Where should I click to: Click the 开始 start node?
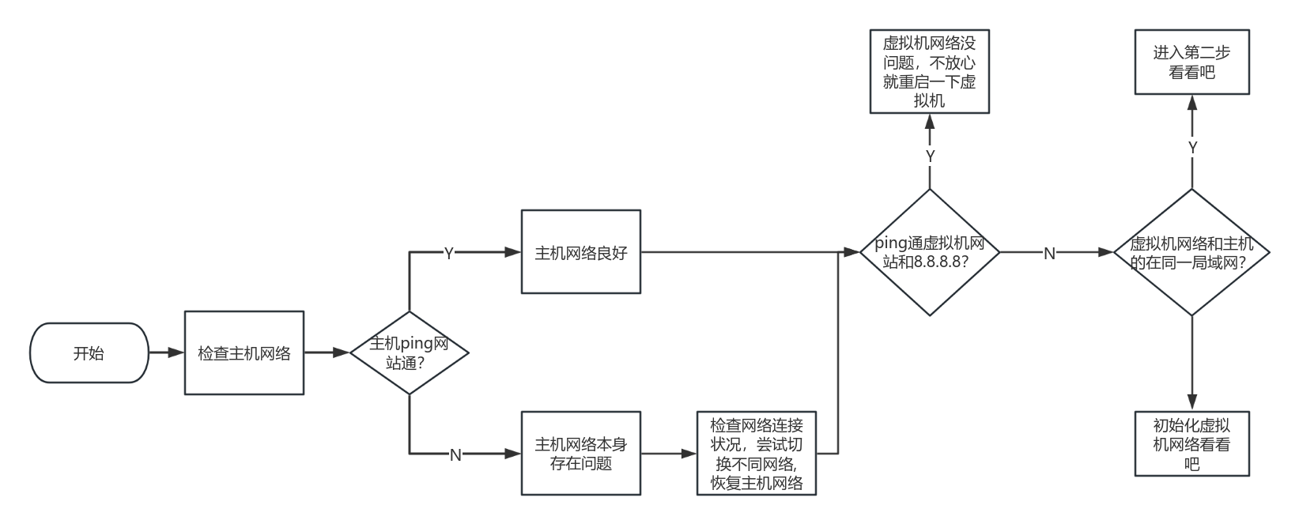89,353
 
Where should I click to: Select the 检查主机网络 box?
244,353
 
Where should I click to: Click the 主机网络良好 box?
581,252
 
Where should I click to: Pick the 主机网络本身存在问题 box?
581,454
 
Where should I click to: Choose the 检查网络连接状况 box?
756,454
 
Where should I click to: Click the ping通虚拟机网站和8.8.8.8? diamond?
930,252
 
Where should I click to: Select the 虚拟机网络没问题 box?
930,72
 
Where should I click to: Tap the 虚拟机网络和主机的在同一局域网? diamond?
1191,252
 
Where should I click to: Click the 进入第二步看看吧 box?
1191,62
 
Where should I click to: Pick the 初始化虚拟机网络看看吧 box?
1191,444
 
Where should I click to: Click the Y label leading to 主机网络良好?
448,253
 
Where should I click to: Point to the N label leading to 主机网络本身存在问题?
455,454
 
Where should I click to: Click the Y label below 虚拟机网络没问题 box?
931,156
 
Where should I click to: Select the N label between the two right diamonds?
1049,253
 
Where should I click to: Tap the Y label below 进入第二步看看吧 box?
1192,147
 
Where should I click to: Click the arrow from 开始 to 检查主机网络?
166,353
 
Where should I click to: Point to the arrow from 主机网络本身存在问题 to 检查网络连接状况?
668,454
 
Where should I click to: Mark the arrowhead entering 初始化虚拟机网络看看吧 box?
1191,403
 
